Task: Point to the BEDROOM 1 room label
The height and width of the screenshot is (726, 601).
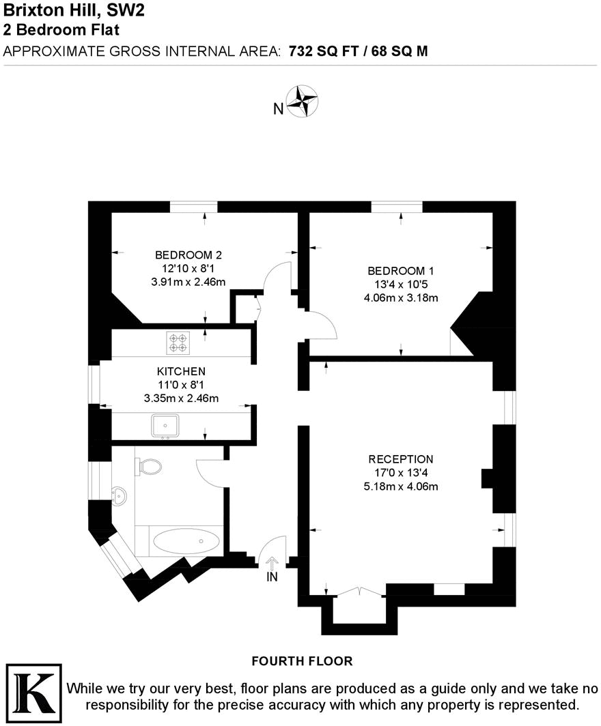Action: [400, 270]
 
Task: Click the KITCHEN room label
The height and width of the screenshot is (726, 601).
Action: [181, 371]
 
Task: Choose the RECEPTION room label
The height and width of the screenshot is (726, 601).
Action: [400, 459]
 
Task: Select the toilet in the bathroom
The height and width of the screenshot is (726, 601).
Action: [150, 467]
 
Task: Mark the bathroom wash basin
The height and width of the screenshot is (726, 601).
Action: [119, 496]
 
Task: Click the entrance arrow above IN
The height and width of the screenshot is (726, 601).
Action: [272, 563]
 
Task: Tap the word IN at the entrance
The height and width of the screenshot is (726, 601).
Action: [272, 577]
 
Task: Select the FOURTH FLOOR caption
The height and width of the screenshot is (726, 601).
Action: [302, 660]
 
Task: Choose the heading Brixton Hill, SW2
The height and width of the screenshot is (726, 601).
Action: [74, 10]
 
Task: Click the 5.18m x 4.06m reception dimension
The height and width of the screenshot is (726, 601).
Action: [400, 487]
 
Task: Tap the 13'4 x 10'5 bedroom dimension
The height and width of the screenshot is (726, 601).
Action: [400, 284]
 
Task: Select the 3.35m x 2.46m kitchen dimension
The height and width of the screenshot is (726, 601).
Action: [181, 398]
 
